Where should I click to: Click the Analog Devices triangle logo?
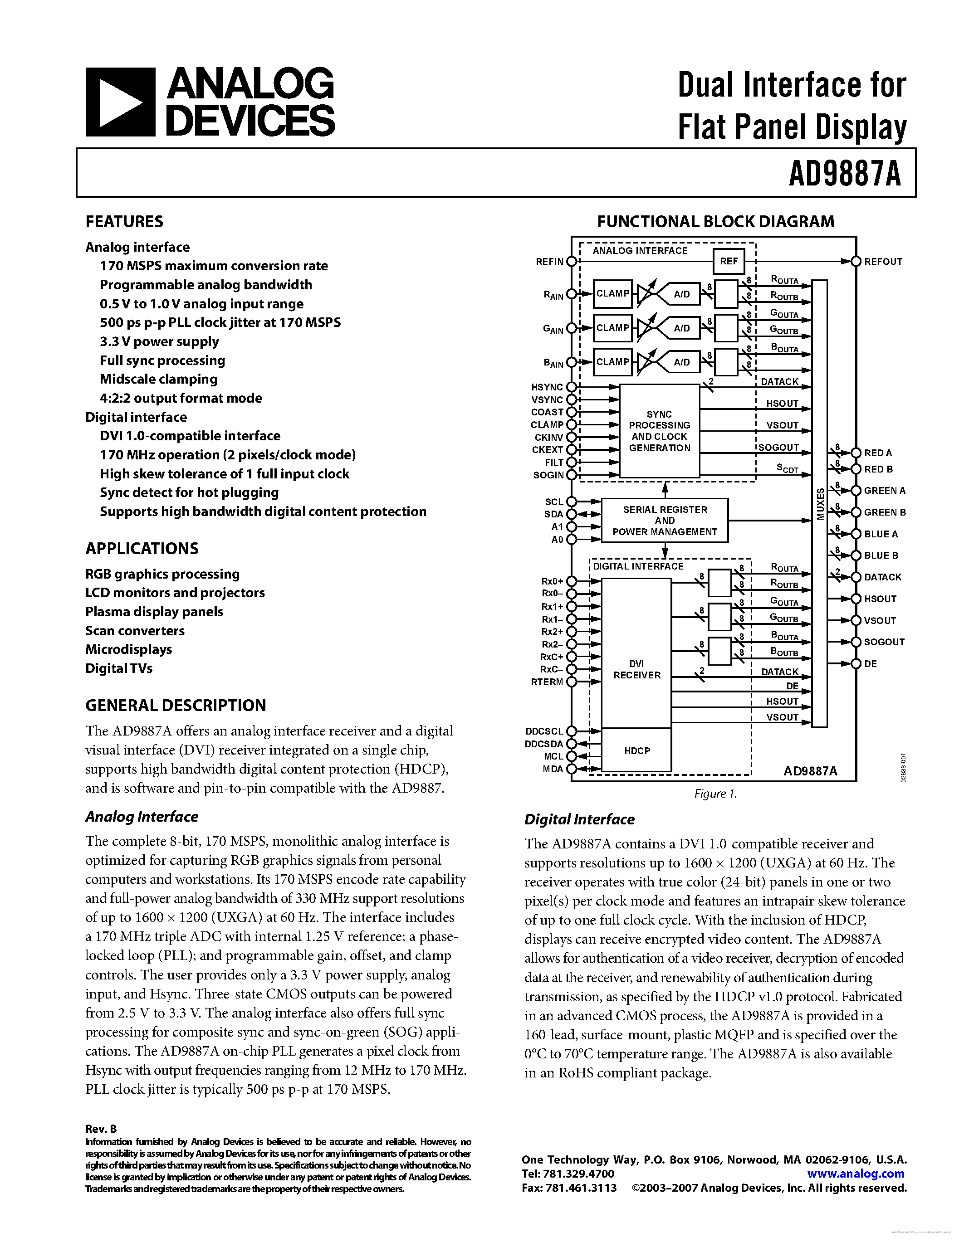[120, 102]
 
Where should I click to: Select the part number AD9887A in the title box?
[845, 174]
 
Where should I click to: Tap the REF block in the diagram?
[729, 262]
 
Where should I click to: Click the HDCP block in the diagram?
[637, 751]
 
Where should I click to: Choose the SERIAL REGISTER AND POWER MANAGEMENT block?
[665, 521]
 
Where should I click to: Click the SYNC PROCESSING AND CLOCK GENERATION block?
[660, 431]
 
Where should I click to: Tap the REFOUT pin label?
[883, 262]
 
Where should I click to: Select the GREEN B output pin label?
[885, 512]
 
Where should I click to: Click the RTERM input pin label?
[547, 682]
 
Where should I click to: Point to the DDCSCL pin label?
[544, 731]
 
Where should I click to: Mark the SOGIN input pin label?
[548, 475]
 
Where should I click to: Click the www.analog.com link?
[856, 1174]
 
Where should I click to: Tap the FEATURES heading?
[124, 222]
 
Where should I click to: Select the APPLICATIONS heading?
[142, 549]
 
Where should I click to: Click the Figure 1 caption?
[715, 794]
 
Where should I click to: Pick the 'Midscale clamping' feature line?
[158, 379]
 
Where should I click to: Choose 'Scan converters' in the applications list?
[135, 631]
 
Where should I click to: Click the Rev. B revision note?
[101, 1129]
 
